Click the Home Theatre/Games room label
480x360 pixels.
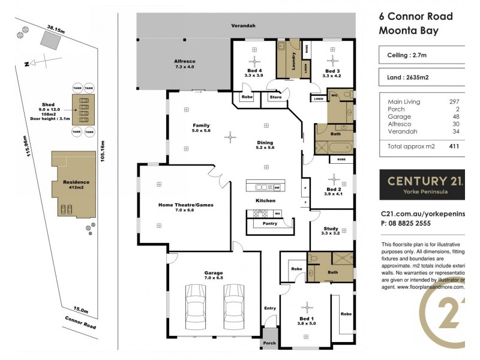(x=185, y=205)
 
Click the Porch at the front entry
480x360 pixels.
(x=269, y=344)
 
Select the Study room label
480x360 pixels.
(x=331, y=229)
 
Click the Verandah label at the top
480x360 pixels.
(x=244, y=26)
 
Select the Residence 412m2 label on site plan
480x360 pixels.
(x=72, y=184)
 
